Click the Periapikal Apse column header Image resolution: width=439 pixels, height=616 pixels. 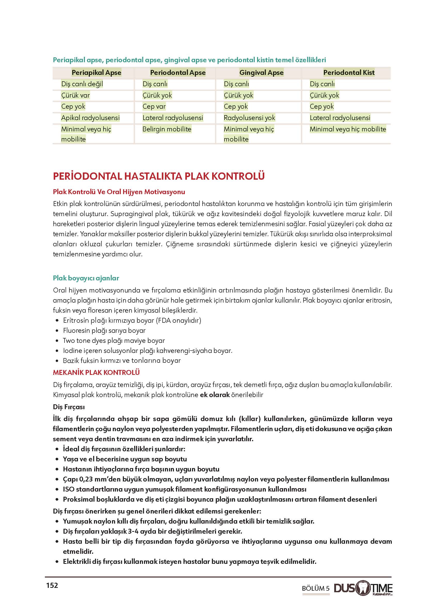(96, 73)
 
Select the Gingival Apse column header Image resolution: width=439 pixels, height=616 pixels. (261, 73)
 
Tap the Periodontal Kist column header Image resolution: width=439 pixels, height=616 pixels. (349, 73)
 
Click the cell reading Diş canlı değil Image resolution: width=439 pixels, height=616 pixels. (82, 84)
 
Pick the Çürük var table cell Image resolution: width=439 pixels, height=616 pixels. (75, 95)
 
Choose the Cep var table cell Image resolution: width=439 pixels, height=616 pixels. (154, 106)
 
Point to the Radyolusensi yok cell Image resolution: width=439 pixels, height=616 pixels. (249, 118)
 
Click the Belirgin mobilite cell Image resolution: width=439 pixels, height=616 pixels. (167, 129)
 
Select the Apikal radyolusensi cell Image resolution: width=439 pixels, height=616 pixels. (90, 118)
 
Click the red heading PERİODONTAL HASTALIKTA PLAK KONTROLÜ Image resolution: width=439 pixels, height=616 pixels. (159, 176)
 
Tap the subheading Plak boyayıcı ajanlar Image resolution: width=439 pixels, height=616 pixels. (86, 278)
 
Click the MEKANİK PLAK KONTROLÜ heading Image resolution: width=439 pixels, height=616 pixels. (96, 372)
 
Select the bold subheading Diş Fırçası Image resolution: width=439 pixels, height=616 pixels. (69, 407)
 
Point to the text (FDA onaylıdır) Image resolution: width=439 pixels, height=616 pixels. (178, 320)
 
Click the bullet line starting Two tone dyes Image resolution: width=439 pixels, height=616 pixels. (114, 341)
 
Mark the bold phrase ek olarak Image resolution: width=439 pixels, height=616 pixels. (215, 395)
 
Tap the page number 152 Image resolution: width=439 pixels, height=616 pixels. (52, 586)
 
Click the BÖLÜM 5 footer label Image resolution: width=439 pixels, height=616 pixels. (315, 589)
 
